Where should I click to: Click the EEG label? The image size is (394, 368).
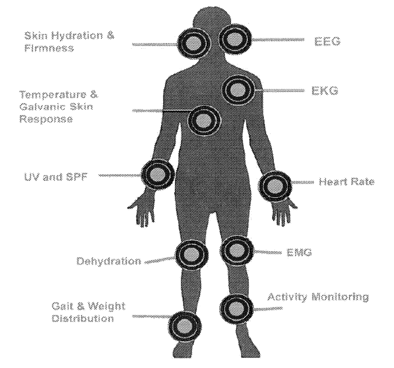(x=327, y=41)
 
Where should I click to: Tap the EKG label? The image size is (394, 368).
(x=325, y=91)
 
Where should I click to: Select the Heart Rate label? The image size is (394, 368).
(x=346, y=182)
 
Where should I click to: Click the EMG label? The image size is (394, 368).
(x=299, y=253)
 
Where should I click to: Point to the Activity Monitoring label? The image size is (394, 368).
(x=318, y=297)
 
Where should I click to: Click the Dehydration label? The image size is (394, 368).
(x=109, y=261)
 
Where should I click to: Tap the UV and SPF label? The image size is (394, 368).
(x=56, y=177)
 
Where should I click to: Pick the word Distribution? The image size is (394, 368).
(x=83, y=318)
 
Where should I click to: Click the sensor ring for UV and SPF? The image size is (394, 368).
(x=158, y=174)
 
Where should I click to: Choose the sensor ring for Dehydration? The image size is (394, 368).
(x=192, y=255)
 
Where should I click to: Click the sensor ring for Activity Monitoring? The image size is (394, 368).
(x=237, y=308)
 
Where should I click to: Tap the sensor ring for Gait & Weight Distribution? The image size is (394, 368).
(x=185, y=326)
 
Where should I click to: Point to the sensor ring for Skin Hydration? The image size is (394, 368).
(x=194, y=43)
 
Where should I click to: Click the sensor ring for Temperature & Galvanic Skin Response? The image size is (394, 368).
(x=203, y=120)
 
